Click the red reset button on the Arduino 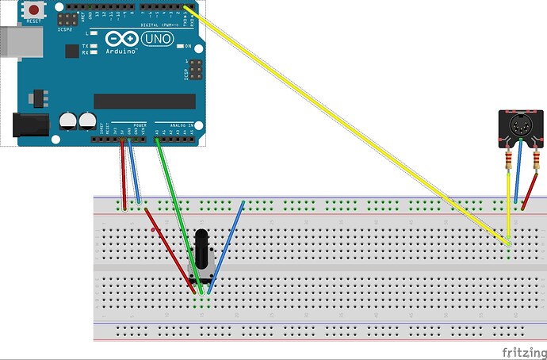[35, 10]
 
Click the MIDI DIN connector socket [517, 127]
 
